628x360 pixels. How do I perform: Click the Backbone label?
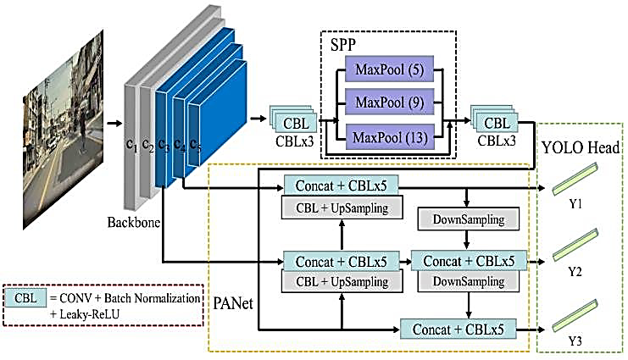coord(133,221)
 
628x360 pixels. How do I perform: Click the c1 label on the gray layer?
coord(131,145)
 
